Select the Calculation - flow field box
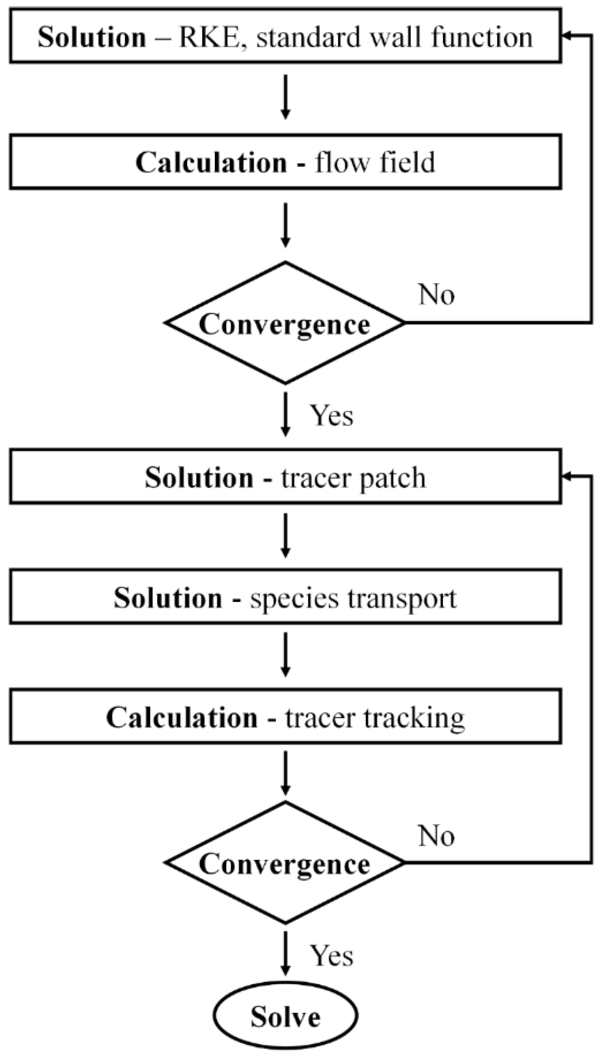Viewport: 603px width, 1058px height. click(285, 162)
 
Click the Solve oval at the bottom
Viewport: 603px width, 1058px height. click(285, 1016)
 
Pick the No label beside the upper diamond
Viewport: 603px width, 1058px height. click(436, 295)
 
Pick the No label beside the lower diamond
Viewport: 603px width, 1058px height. click(436, 836)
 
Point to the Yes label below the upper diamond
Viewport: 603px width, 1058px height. click(332, 415)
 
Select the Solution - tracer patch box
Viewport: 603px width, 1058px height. click(285, 477)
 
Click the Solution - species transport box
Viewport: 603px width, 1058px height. click(285, 597)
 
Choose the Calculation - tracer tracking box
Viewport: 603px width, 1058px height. click(285, 717)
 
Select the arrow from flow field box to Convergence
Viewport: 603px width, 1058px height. click(285, 225)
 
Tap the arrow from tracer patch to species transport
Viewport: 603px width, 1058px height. click(285, 535)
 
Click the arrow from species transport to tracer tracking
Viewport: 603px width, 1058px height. click(285, 655)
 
